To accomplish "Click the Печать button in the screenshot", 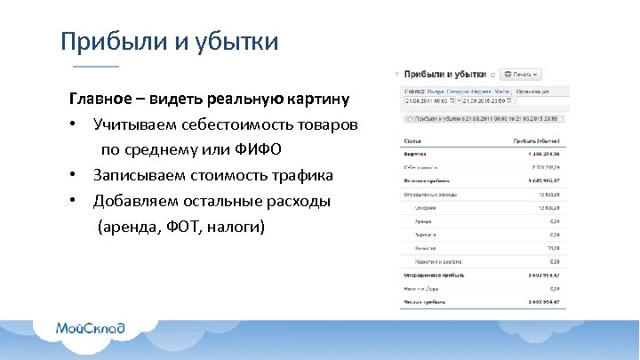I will click(524, 75).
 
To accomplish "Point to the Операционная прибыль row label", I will click(432, 276).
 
